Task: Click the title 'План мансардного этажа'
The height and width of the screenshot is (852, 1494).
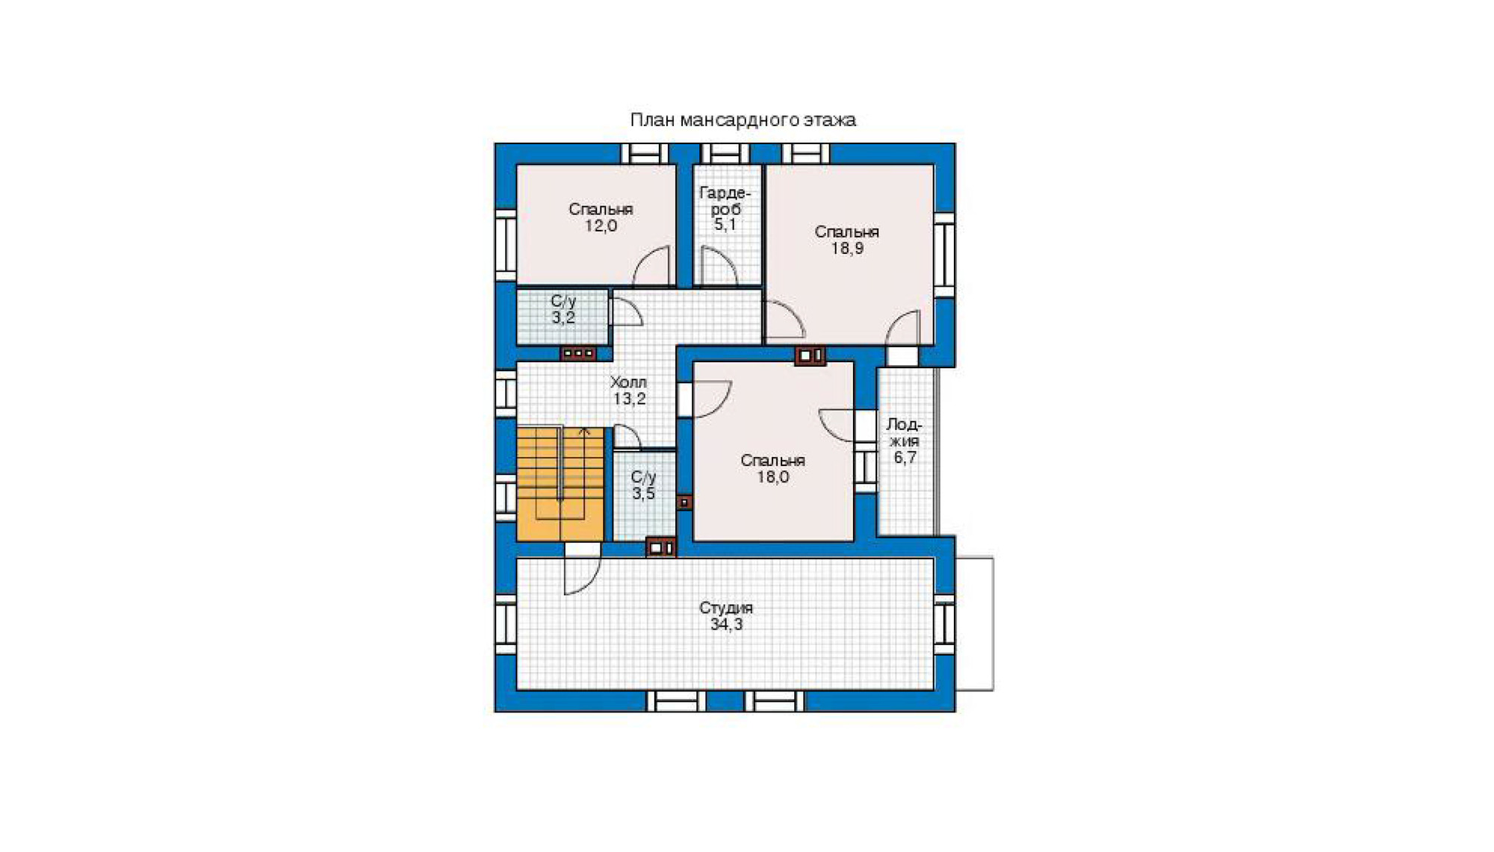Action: coord(743,120)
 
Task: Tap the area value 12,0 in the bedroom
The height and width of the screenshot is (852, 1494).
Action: coord(601,226)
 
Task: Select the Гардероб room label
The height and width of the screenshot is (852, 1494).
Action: coord(725,201)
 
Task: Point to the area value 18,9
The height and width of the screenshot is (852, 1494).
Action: coord(847,249)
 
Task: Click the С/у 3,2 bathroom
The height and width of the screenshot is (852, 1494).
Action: coord(562,317)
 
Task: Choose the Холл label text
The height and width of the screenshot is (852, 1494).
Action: coord(628,382)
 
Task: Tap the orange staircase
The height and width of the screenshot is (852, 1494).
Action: coord(560,484)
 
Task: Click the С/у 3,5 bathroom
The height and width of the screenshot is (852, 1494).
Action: coord(644,495)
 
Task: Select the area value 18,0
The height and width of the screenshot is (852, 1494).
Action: coord(772,477)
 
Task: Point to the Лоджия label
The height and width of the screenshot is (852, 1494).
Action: coord(904,432)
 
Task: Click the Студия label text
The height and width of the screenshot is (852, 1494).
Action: coord(726,608)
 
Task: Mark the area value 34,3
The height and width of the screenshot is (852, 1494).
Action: coord(726,624)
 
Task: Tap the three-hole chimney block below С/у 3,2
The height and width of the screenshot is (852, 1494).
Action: coord(579,353)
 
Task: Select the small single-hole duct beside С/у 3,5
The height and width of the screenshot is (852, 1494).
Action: coord(684,503)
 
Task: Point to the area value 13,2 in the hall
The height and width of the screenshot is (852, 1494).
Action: coord(629,399)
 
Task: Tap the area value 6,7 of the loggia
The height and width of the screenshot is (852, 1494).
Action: coord(905,458)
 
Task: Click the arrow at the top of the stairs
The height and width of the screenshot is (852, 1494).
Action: coord(585,432)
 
